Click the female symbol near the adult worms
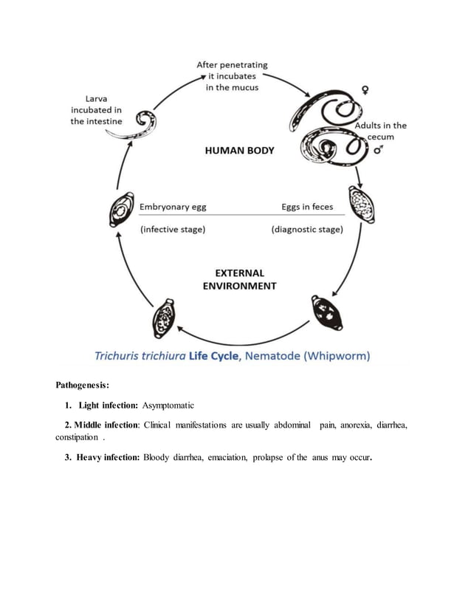point(364,91)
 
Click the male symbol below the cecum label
point(379,149)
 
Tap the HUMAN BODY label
point(239,151)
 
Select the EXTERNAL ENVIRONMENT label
point(239,279)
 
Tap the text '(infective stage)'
point(173,230)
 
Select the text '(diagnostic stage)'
point(307,230)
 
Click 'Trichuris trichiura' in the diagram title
point(140,356)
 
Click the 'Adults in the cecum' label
point(380,131)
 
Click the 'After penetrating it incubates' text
point(232,75)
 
